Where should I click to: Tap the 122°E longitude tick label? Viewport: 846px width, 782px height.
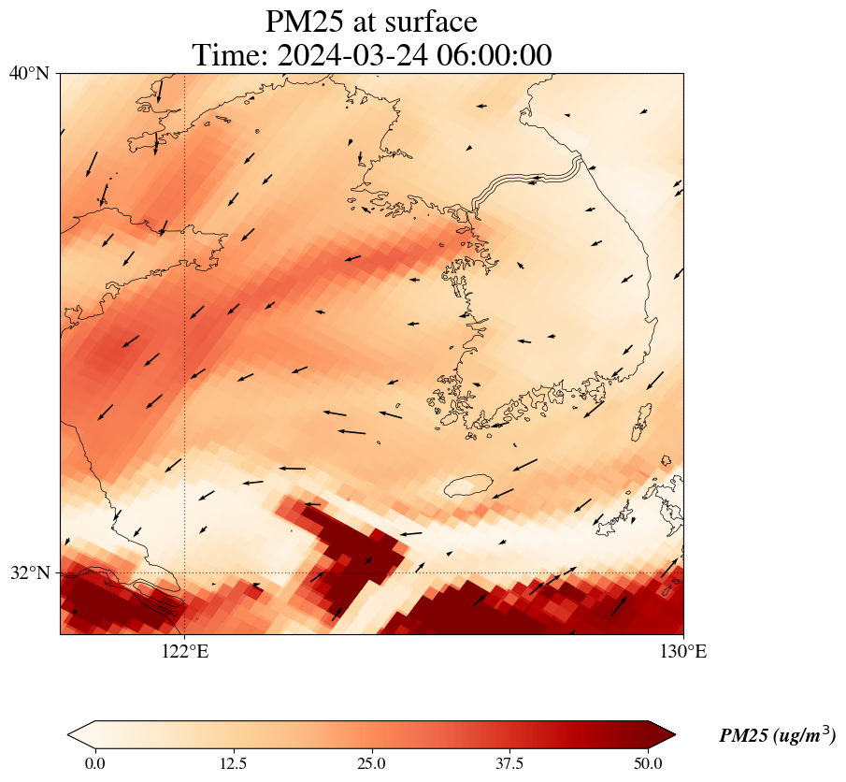[185, 652]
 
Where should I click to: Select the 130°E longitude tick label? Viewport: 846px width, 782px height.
[683, 652]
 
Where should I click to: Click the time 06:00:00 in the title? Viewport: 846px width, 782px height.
[493, 55]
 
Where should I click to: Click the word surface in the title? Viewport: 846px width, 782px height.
[433, 22]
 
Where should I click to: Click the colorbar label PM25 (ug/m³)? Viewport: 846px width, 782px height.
[777, 736]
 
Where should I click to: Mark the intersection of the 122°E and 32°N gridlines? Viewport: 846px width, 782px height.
[185, 572]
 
